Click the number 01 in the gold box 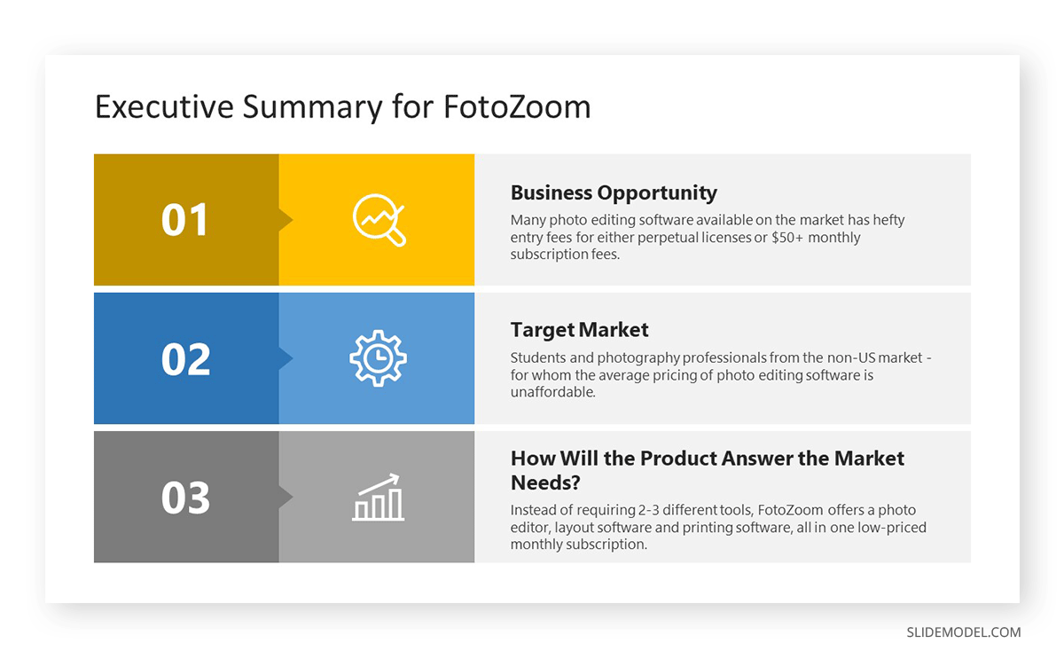[x=184, y=219]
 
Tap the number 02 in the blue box [x=185, y=359]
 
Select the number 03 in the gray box [x=185, y=498]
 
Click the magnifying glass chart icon [x=379, y=220]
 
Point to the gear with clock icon [x=378, y=358]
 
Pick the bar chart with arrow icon [x=378, y=497]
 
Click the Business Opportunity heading [x=614, y=192]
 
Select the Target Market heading [x=580, y=330]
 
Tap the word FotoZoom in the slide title [x=517, y=106]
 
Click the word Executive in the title [x=164, y=106]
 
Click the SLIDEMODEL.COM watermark [x=963, y=632]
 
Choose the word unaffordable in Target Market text [x=553, y=392]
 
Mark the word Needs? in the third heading [x=545, y=482]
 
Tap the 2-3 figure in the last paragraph [x=648, y=510]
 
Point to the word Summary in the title [x=313, y=107]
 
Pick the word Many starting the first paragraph [x=528, y=221]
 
